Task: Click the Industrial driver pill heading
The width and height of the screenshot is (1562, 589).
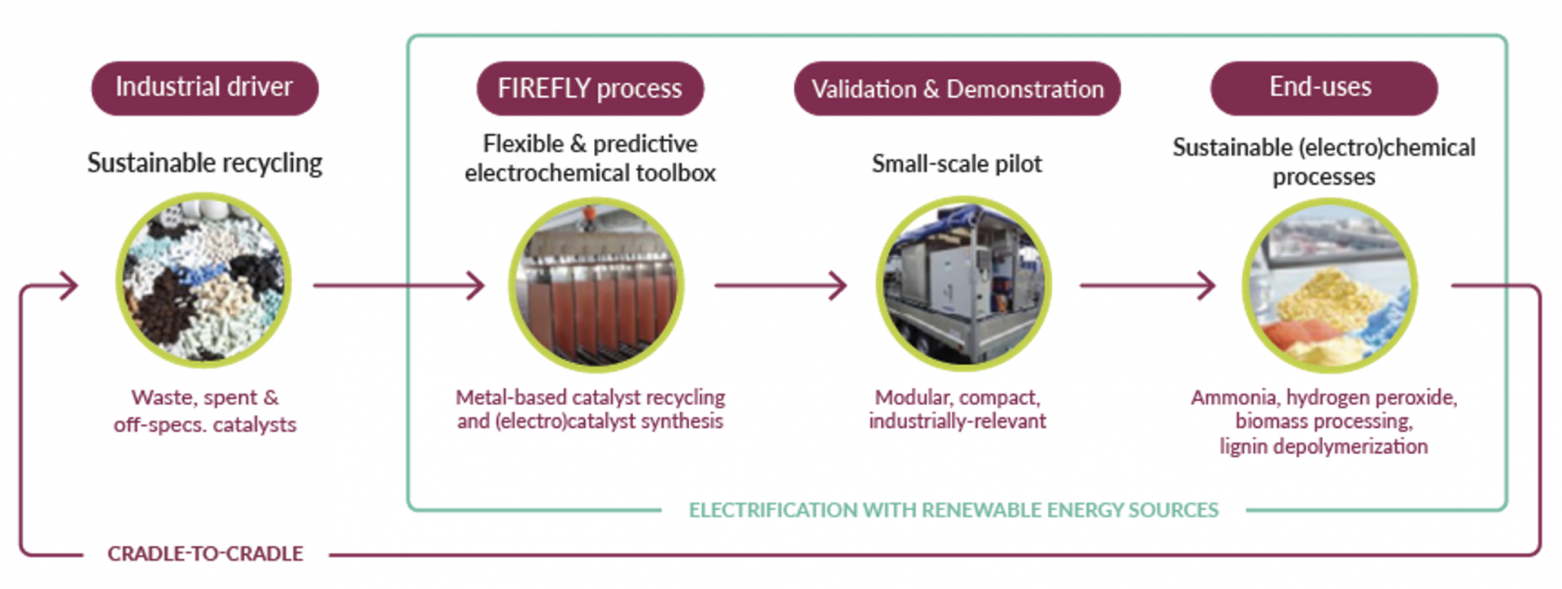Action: pyautogui.click(x=204, y=88)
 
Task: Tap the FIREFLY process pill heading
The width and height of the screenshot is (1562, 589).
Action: pyautogui.click(x=590, y=88)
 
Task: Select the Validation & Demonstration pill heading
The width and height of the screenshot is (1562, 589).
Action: pyautogui.click(x=957, y=88)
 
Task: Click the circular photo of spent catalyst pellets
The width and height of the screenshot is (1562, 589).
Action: pyautogui.click(x=203, y=280)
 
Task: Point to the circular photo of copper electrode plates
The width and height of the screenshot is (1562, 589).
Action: pyautogui.click(x=596, y=285)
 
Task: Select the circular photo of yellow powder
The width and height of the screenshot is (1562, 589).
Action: pyautogui.click(x=1329, y=285)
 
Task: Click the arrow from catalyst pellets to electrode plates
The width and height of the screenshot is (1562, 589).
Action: pyautogui.click(x=399, y=286)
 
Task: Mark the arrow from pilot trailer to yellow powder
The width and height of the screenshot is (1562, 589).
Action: pyautogui.click(x=1147, y=286)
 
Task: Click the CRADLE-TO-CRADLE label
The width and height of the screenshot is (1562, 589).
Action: pyautogui.click(x=205, y=554)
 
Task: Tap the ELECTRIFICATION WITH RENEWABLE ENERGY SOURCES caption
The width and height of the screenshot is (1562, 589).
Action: pyautogui.click(x=953, y=510)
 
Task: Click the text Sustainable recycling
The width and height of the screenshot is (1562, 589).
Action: pyautogui.click(x=205, y=164)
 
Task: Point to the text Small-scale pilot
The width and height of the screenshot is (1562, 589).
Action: pyautogui.click(x=957, y=164)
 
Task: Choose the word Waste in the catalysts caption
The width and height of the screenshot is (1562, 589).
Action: pyautogui.click(x=163, y=398)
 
